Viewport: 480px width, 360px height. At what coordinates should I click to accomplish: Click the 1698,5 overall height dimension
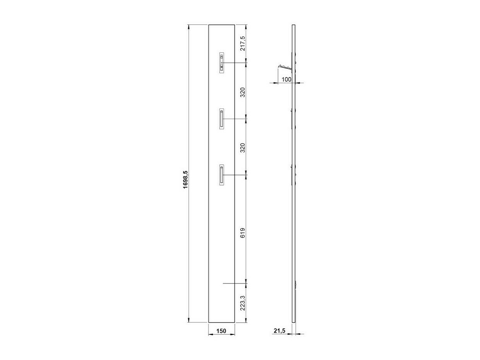[185, 179]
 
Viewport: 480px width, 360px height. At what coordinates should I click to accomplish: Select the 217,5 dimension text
[243, 43]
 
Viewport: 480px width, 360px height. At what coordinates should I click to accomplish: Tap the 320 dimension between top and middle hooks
[243, 92]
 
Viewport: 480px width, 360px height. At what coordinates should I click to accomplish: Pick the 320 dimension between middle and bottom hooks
[243, 147]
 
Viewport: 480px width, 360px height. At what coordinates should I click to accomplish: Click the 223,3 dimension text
[243, 303]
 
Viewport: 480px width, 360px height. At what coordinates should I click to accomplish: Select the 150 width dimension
[221, 331]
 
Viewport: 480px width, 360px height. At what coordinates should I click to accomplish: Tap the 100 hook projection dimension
[286, 79]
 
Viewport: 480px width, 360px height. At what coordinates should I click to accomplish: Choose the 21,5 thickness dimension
[279, 331]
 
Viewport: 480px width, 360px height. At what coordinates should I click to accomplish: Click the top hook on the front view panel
[222, 63]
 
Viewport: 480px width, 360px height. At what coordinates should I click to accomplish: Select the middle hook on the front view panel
[221, 119]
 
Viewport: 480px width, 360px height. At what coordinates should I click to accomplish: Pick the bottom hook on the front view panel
[221, 175]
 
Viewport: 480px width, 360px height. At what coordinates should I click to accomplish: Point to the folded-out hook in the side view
[285, 68]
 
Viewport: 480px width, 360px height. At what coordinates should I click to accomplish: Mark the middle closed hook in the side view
[293, 119]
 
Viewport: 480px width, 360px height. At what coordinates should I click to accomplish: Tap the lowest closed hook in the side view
[293, 175]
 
